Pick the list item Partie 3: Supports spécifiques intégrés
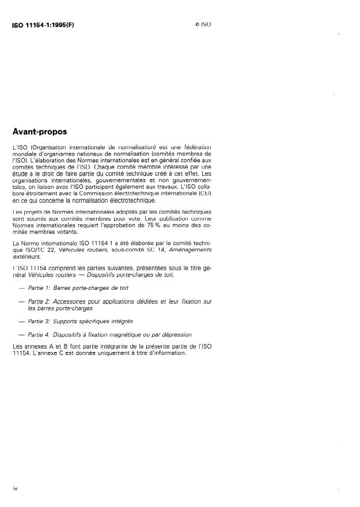[x=80, y=320]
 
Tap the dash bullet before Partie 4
[x=21, y=334]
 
